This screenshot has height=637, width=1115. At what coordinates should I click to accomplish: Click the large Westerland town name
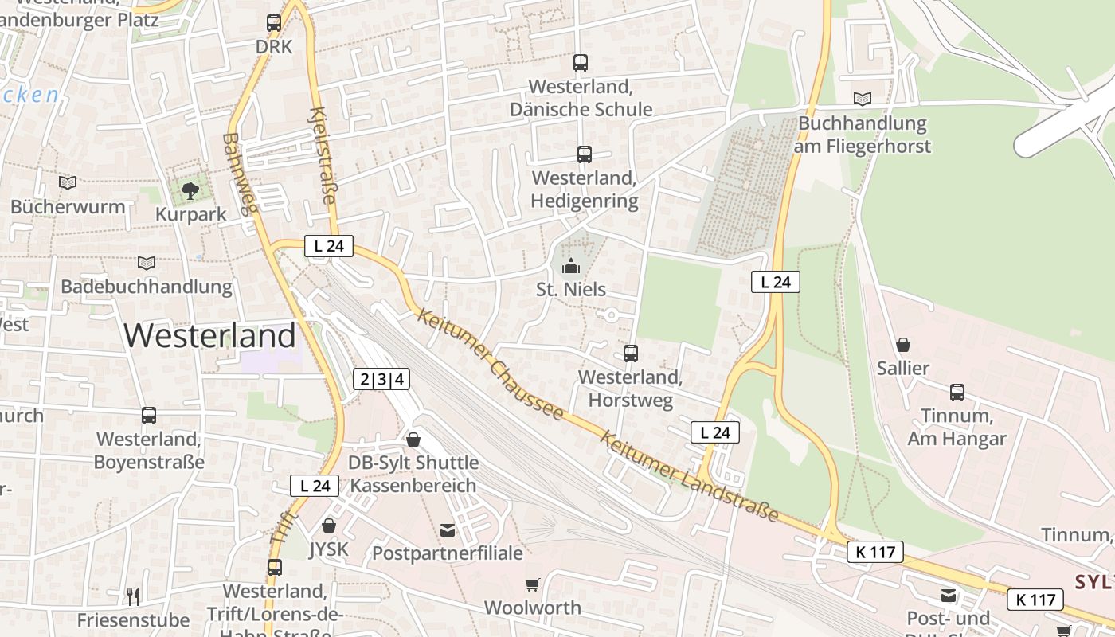tap(210, 335)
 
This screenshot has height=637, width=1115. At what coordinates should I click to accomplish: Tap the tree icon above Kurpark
tap(190, 190)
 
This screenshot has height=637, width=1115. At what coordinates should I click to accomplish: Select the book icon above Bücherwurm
tap(68, 183)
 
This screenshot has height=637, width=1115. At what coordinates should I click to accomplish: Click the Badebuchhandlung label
tap(147, 287)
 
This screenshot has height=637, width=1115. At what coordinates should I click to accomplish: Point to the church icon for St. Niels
tap(571, 266)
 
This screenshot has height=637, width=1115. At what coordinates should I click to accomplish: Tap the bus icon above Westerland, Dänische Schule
tap(581, 62)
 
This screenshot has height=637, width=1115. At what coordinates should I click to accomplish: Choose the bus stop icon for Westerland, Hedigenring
tap(585, 154)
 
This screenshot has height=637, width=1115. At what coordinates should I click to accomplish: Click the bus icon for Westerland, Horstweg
tap(631, 353)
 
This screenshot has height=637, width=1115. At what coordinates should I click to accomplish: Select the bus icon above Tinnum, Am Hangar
tap(957, 392)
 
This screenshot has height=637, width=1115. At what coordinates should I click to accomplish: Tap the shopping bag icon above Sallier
tap(903, 345)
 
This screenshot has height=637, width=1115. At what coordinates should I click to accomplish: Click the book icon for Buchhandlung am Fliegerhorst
tap(863, 99)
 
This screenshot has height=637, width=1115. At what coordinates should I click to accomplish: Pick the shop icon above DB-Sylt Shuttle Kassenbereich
tap(413, 439)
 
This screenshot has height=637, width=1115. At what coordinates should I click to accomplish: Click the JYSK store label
tap(329, 549)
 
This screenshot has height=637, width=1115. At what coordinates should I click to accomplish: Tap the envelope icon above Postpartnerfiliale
tap(448, 530)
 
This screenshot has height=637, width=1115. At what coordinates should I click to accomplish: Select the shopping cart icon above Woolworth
tap(533, 584)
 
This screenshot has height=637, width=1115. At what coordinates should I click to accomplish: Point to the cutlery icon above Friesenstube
tap(133, 596)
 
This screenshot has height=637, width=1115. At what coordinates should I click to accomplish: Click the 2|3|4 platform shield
tap(382, 379)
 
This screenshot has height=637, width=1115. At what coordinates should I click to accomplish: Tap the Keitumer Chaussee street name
tap(491, 363)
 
